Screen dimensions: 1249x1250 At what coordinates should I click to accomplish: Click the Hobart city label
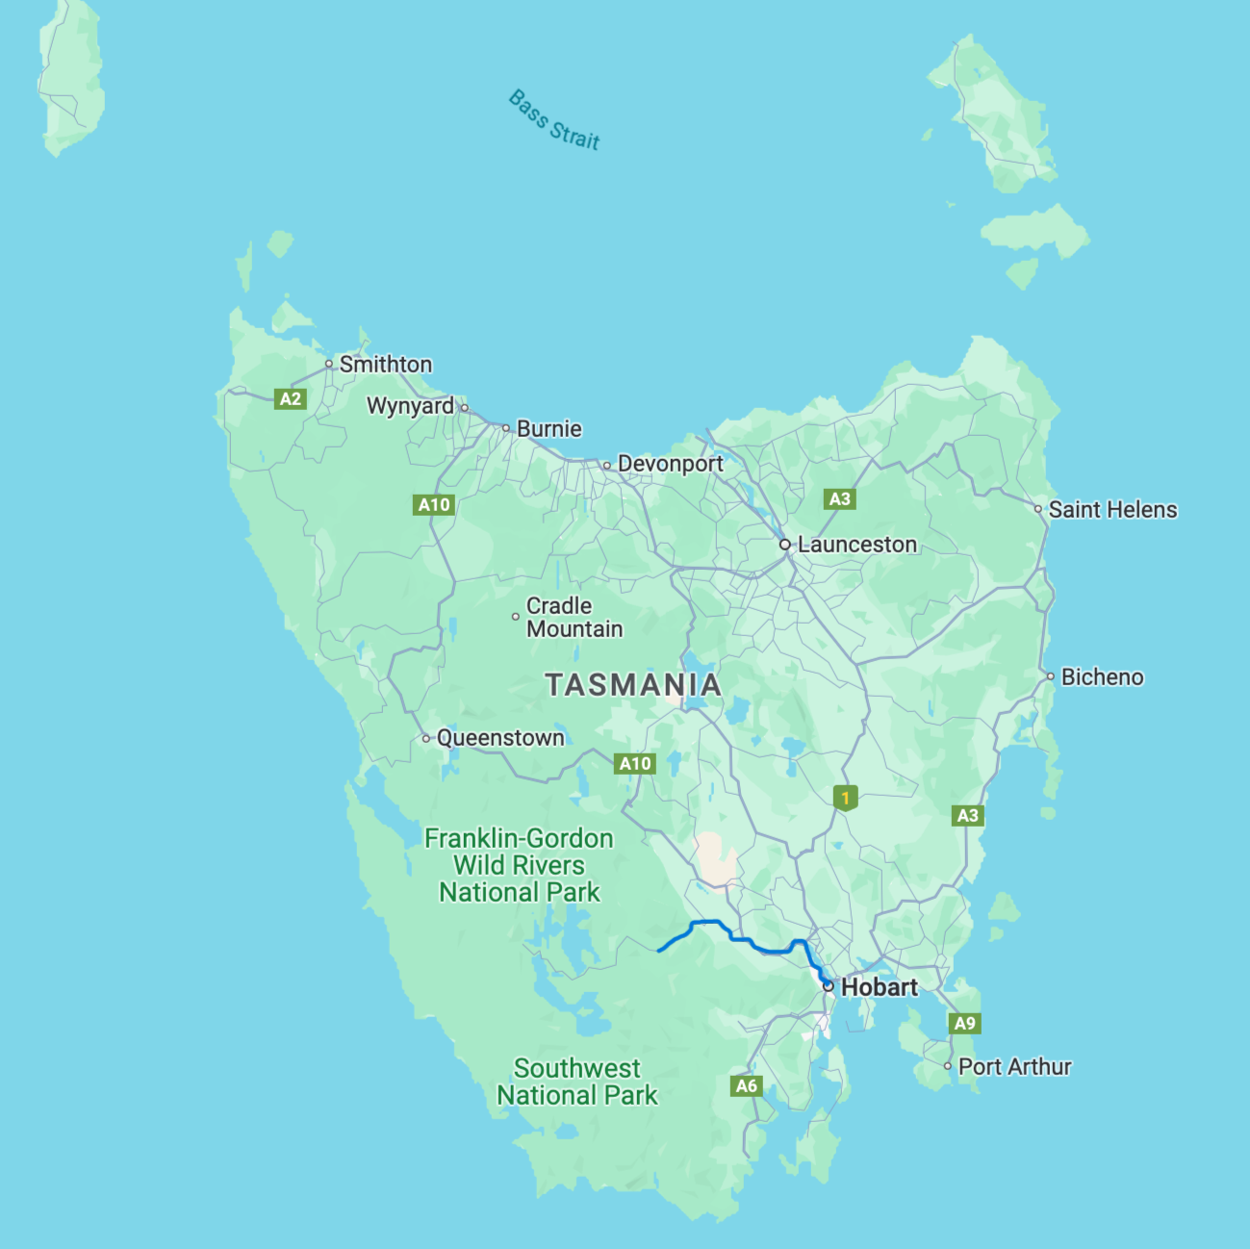point(879,987)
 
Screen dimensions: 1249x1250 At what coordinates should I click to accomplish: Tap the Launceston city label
point(856,545)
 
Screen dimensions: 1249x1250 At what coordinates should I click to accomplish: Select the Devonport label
point(670,464)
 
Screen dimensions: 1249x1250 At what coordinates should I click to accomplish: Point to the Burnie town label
point(548,429)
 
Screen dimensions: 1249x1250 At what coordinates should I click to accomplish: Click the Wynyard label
point(410,406)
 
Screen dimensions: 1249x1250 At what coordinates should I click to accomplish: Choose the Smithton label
point(385,365)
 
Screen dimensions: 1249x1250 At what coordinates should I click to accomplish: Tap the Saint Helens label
point(1112,510)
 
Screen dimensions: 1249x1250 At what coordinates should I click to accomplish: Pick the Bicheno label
point(1102,677)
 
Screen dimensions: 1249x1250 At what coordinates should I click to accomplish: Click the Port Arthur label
point(1014,1067)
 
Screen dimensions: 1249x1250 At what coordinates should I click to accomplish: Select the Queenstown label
point(500,738)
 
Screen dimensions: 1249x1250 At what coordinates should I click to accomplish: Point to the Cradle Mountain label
point(574,618)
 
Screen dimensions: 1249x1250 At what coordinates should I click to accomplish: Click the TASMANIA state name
point(633,685)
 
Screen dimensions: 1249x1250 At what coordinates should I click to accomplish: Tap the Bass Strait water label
point(554,120)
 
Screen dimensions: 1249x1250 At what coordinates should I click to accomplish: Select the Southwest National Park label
point(577,1083)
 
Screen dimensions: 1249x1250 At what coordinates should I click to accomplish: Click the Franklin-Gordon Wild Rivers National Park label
point(520,866)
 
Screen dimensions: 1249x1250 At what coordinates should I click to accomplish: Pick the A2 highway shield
point(291,399)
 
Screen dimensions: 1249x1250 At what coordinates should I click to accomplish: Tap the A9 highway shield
point(964,1024)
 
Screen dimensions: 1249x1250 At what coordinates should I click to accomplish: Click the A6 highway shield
point(747,1086)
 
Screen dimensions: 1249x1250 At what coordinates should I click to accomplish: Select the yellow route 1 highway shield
point(845,798)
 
